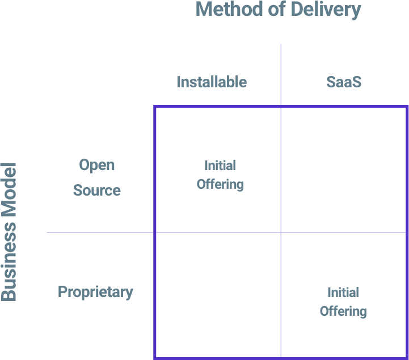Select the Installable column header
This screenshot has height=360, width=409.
(212, 82)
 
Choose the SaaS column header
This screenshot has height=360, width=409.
(344, 82)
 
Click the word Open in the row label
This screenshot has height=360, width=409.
(96, 165)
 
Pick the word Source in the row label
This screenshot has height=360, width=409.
(96, 190)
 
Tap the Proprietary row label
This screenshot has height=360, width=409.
(95, 293)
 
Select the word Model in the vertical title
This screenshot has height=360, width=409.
(9, 190)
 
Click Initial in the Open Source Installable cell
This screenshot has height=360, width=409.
(220, 166)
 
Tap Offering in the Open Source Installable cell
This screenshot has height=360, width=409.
(220, 184)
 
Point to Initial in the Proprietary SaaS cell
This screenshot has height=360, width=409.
(343, 293)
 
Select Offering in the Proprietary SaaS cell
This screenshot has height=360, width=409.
(343, 311)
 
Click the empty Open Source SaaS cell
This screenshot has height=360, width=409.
(344, 169)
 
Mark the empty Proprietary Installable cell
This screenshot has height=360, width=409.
(217, 295)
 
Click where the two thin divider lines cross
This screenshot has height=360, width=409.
(281, 232)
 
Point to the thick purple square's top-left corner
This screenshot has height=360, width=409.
(155, 107)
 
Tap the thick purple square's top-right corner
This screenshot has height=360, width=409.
(407, 107)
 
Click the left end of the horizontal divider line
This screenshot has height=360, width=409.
(48, 232)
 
